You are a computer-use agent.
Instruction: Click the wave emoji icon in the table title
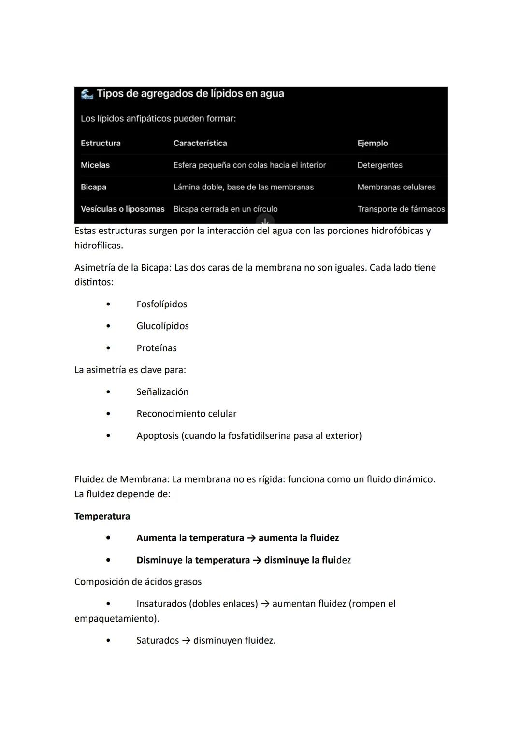pos(87,94)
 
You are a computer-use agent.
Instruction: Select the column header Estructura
pos(101,143)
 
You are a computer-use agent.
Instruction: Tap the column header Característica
pos(200,143)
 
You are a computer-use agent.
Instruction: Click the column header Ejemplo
pos(372,143)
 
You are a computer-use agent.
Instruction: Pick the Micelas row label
pos(95,165)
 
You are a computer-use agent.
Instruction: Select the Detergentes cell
pos(379,165)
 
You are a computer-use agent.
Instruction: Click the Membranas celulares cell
pos(396,187)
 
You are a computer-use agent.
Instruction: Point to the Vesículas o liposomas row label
pos(122,209)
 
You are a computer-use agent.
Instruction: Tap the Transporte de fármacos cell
pos(401,209)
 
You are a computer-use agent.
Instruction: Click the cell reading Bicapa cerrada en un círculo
pos(225,209)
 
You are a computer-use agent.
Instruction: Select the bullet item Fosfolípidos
pos(161,304)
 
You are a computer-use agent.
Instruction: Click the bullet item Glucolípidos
pos(162,326)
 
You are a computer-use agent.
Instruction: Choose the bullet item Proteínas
pos(156,348)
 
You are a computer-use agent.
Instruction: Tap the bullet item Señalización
pos(162,392)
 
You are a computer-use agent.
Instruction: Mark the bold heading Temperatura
pos(102,516)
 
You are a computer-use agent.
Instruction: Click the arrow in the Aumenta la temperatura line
pos(251,538)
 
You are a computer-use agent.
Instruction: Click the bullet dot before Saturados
pos(108,641)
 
